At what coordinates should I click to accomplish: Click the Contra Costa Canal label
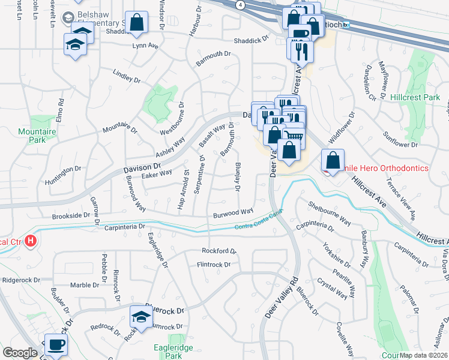[258, 222]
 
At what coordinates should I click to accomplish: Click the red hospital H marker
[31, 242]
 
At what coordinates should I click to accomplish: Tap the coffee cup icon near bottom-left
[56, 345]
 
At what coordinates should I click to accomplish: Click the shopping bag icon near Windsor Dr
[137, 23]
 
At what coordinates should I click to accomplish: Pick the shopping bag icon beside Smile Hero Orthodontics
[332, 160]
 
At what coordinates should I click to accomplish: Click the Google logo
[20, 353]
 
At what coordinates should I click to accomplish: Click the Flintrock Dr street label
[214, 265]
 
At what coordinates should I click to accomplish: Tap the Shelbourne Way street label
[330, 212]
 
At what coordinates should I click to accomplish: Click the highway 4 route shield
[240, 4]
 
